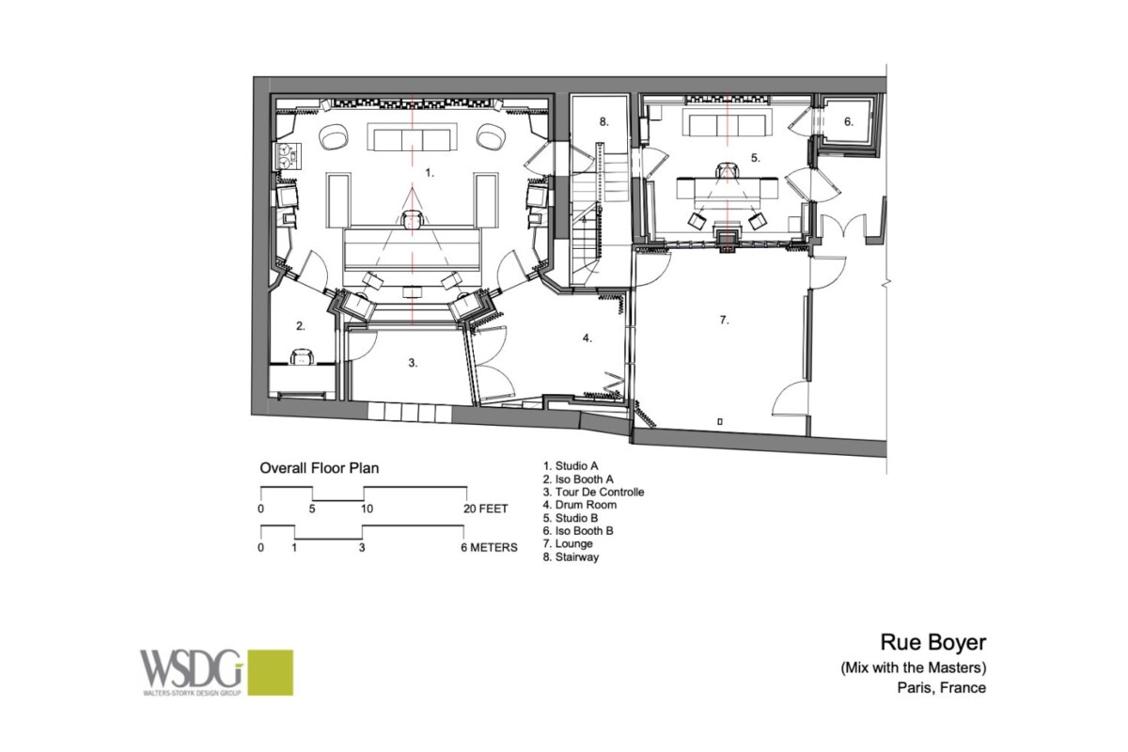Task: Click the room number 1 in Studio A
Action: [x=429, y=173]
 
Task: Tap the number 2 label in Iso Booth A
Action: [x=300, y=326]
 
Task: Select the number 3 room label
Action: [x=413, y=363]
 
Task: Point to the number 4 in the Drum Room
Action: [x=587, y=338]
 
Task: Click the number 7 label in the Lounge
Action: [x=724, y=320]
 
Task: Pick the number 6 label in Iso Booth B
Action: [x=849, y=122]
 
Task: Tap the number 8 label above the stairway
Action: [x=603, y=122]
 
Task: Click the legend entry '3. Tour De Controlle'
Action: [x=593, y=493]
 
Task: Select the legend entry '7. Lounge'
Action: [x=568, y=544]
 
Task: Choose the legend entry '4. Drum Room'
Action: [x=579, y=505]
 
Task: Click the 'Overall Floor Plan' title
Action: [x=320, y=468]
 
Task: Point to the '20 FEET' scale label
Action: [x=485, y=509]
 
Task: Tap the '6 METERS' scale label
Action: [x=489, y=547]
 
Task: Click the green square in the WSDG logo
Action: [x=271, y=672]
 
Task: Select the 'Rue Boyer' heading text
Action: [x=933, y=642]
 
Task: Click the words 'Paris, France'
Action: [x=941, y=687]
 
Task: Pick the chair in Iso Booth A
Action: [x=302, y=356]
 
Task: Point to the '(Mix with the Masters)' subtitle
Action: [x=914, y=668]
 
